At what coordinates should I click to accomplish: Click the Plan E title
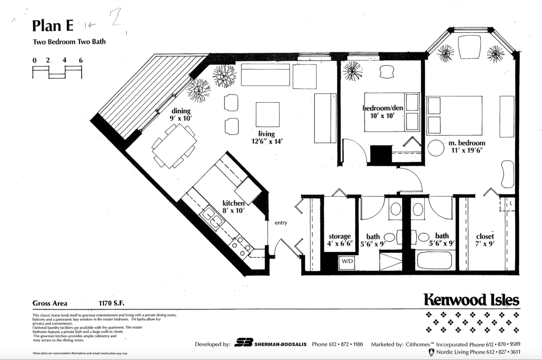(53, 26)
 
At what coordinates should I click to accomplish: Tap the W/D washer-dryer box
(347, 262)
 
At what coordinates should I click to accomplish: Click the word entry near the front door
(281, 223)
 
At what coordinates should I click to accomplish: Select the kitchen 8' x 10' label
(233, 207)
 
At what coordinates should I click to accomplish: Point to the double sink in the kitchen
(212, 218)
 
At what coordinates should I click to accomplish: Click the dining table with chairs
(174, 146)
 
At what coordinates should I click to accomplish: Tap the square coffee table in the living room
(267, 115)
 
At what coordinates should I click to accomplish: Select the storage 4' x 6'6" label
(340, 240)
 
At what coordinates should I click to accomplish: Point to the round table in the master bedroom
(436, 148)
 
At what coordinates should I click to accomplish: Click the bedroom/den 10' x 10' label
(383, 111)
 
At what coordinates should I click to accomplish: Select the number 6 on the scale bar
(81, 60)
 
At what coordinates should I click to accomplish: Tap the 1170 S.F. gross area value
(111, 303)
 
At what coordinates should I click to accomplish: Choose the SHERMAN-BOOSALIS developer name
(280, 344)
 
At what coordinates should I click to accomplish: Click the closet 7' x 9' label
(485, 240)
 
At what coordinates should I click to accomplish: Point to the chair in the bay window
(469, 47)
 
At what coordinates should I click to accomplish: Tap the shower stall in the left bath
(390, 261)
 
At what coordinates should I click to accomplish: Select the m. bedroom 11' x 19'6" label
(467, 146)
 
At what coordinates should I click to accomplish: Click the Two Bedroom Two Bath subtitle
(69, 42)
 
